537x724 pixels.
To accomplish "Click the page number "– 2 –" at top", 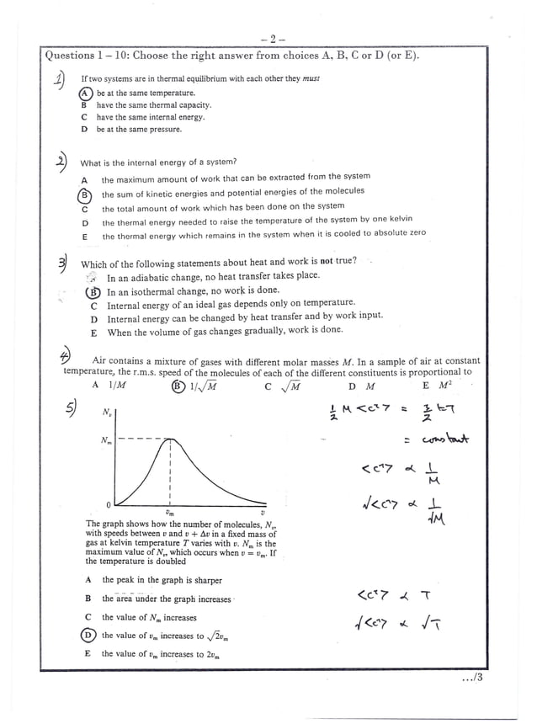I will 274,39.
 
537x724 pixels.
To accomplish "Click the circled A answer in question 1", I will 84,93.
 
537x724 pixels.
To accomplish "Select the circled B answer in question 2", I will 84,193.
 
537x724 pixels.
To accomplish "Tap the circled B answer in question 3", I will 93,292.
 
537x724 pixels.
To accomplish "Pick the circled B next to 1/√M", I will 178,386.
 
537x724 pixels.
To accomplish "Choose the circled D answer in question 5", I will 88,636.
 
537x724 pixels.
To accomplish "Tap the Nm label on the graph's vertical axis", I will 105,439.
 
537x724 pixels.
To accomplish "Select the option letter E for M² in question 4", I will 426,386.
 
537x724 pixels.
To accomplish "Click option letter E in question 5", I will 88,654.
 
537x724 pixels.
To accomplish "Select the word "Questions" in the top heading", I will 71,56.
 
